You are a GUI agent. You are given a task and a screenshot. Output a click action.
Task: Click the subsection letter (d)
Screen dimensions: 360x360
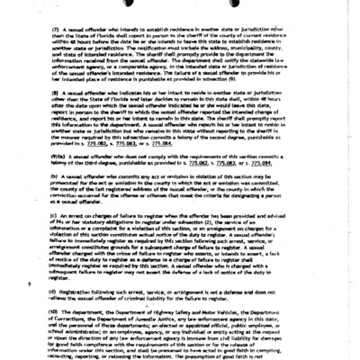(54, 292)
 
